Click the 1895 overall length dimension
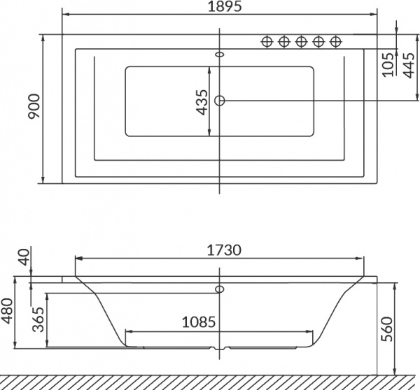point(225,6)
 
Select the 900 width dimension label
point(34,106)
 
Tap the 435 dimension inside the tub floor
point(202,102)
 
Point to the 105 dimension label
point(388,65)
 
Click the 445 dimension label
point(408,65)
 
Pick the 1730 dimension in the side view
point(224,250)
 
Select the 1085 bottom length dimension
point(199,322)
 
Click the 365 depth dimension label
point(38,319)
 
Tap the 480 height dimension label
point(7,310)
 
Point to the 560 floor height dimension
point(387,329)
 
